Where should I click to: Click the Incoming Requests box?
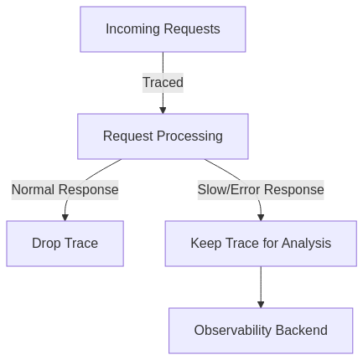[x=163, y=29]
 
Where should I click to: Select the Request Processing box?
[x=163, y=136]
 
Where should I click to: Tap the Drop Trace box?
[x=65, y=244]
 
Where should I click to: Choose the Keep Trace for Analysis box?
[x=261, y=244]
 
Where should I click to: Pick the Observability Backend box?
[x=261, y=331]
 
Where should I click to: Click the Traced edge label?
[x=163, y=83]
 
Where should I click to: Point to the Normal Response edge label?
[x=65, y=190]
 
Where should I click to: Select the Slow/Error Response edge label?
[x=261, y=190]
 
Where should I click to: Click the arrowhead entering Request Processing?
[x=163, y=111]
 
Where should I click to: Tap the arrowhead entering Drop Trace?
[x=65, y=218]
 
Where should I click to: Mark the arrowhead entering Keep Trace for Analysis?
[x=261, y=218]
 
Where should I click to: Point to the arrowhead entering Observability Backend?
[x=261, y=305]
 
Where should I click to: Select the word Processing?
[x=189, y=136]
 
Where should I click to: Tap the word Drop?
[x=46, y=243]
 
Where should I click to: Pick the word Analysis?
[x=306, y=243]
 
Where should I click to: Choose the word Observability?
[x=233, y=331]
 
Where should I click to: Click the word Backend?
[x=302, y=330]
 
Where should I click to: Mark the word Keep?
[x=206, y=243]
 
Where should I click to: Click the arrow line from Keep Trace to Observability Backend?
[x=261, y=285]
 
